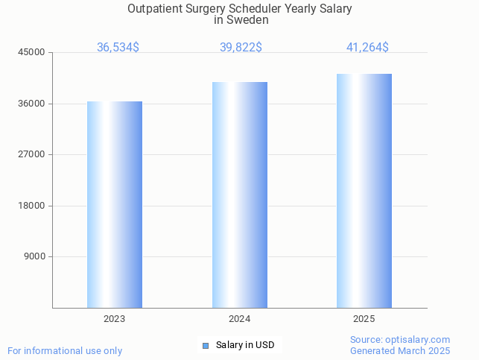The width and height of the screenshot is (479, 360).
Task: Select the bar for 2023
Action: click(115, 205)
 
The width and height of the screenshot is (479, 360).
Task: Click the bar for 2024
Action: click(240, 195)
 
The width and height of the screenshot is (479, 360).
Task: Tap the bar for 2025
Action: click(364, 191)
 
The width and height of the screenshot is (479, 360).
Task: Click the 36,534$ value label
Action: click(118, 48)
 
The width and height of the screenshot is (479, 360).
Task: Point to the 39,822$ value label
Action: click(241, 48)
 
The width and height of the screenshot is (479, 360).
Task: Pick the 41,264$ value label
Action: click(367, 48)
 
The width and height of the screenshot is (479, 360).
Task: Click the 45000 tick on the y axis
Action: click(33, 53)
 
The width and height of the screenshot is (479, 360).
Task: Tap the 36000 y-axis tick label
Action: click(33, 104)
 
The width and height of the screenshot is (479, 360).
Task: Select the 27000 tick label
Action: click(33, 155)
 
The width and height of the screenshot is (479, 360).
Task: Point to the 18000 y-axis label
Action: click(33, 206)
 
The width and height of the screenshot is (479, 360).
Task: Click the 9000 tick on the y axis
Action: click(35, 257)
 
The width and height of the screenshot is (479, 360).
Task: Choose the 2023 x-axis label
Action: click(115, 319)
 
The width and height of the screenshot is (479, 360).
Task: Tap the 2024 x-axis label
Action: click(240, 319)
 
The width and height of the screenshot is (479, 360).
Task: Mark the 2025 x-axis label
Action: click(364, 319)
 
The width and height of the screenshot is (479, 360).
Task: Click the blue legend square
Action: click(206, 345)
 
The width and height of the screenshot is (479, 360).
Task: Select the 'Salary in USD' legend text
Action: click(245, 345)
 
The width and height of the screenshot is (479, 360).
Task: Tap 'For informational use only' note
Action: click(65, 351)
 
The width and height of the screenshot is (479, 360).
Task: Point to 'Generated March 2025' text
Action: click(400, 351)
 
